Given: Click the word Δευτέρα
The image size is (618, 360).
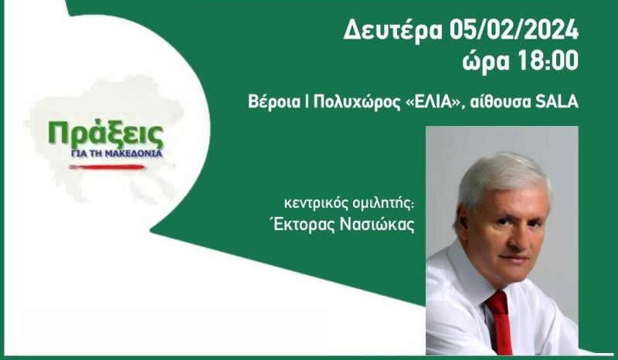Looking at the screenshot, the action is tap(393, 30).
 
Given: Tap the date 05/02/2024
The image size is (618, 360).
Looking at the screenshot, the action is tap(514, 30).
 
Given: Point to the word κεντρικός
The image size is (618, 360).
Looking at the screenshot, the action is tap(316, 204).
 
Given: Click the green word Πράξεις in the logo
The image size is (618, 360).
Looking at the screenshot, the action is tap(106, 135).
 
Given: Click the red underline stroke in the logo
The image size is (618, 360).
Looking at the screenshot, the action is tap(107, 167).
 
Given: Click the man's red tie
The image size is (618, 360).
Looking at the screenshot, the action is tap(500, 322).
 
